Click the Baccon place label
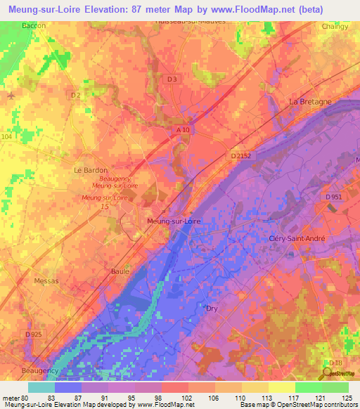pos(34,25)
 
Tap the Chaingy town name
pos(334,27)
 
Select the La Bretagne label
pos(310,102)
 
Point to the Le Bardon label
pos(88,170)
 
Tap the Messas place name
pos(46,280)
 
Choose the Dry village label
pos(212,309)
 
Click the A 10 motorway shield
pos(183,130)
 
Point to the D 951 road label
pos(333,197)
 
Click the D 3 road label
pos(172,79)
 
